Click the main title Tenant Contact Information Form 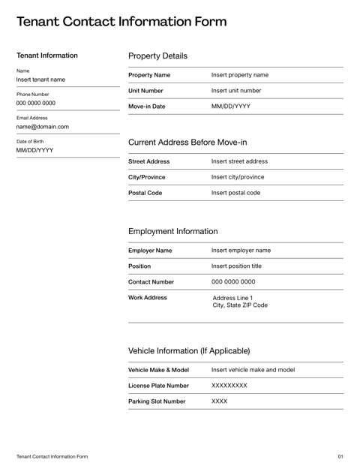[121, 22]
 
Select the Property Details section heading [157, 56]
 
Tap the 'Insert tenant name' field [40, 80]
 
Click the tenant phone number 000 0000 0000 [35, 103]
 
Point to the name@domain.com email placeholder [42, 127]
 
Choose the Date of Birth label [30, 141]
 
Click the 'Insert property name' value [239, 75]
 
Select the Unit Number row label [145, 91]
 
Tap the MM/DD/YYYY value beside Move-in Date [231, 107]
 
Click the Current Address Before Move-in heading [187, 142]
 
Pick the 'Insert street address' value [239, 161]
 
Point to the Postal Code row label [145, 193]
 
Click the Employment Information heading [172, 231]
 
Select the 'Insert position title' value [236, 266]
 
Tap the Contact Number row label [151, 282]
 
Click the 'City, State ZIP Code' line [240, 305]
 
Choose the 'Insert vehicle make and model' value [253, 370]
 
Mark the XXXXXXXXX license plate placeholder [229, 386]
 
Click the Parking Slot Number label [157, 401]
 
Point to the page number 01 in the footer [340, 456]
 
